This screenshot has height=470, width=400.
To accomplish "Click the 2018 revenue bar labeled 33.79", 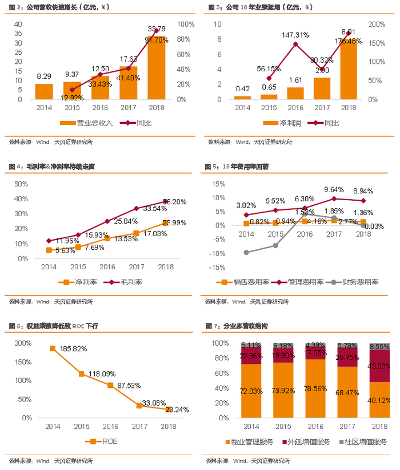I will click(x=157, y=68).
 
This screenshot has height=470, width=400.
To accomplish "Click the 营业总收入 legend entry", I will click(x=87, y=123).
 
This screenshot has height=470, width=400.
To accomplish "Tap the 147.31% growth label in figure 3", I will click(x=295, y=35).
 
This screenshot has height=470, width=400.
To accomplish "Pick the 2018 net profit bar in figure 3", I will click(x=349, y=69).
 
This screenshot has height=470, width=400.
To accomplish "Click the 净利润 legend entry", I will click(x=284, y=123).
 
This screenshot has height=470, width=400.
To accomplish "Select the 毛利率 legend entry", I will click(x=126, y=282).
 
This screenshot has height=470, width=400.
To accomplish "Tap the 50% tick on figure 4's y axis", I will click(x=21, y=184).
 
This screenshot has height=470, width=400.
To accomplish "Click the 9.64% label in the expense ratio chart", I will click(x=334, y=189).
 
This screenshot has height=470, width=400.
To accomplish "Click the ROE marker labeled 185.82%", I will click(x=52, y=348).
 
